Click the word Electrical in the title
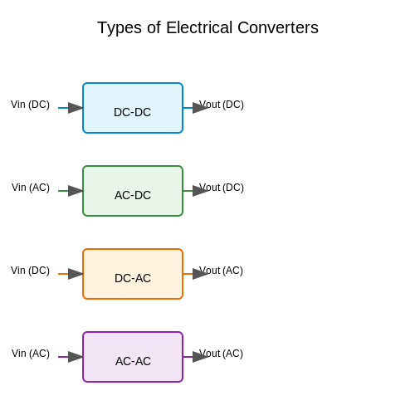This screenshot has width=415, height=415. click(199, 27)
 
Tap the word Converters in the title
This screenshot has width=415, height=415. click(278, 27)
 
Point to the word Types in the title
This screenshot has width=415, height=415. click(120, 28)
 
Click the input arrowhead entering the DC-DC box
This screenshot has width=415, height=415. click(76, 108)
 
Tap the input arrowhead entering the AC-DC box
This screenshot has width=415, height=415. click(76, 191)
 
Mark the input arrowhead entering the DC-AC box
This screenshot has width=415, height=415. click(76, 274)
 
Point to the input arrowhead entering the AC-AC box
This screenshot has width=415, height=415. click(76, 357)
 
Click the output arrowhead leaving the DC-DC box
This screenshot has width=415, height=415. click(200, 108)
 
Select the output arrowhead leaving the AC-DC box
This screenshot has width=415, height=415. click(200, 191)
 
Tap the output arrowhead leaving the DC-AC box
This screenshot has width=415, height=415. click(200, 274)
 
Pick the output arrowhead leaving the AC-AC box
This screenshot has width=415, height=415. click(200, 357)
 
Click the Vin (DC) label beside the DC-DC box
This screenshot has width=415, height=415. click(30, 105)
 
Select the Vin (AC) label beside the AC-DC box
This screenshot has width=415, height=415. click(31, 188)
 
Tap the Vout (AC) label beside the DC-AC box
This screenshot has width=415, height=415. click(221, 271)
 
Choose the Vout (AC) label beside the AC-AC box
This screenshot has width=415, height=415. click(221, 354)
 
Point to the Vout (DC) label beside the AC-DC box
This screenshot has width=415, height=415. click(222, 188)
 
